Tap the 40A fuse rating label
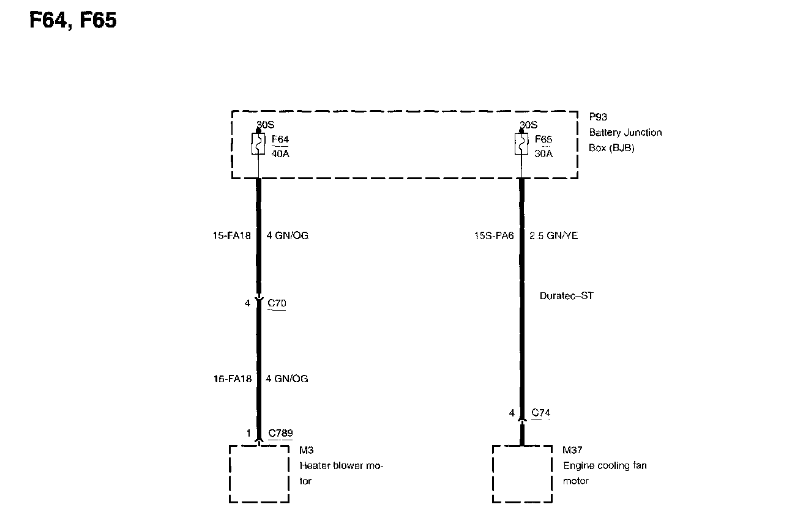click(x=279, y=153)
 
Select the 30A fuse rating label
click(x=543, y=153)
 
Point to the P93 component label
click(x=598, y=116)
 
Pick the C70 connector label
click(x=277, y=303)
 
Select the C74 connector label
click(x=541, y=413)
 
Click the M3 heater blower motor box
click(x=259, y=474)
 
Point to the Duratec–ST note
click(x=567, y=296)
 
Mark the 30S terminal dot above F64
click(x=258, y=131)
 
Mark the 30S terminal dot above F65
click(x=521, y=131)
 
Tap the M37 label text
click(x=573, y=451)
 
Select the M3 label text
click(x=307, y=451)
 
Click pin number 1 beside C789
click(x=249, y=434)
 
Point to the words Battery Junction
click(x=626, y=132)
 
